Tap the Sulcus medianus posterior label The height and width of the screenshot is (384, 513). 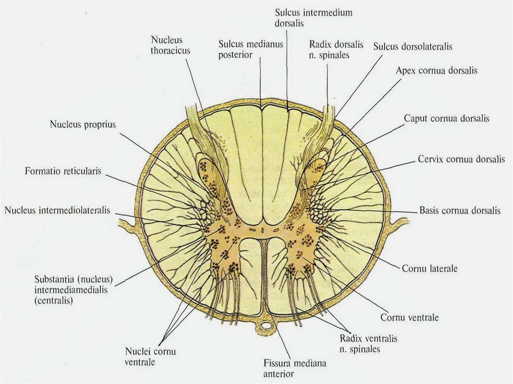(x=251, y=50)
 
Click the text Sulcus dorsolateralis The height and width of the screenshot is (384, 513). (x=413, y=47)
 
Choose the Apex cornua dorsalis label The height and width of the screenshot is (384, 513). (x=436, y=71)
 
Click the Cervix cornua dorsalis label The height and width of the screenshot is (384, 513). (x=461, y=159)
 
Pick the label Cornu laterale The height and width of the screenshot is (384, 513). (x=429, y=268)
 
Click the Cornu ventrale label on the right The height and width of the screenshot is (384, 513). (x=409, y=317)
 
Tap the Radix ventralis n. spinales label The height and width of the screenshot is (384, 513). (x=368, y=343)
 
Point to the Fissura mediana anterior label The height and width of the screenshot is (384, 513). (x=288, y=367)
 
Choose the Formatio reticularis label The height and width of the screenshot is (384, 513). (x=63, y=171)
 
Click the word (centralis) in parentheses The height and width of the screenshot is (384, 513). (x=54, y=301)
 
